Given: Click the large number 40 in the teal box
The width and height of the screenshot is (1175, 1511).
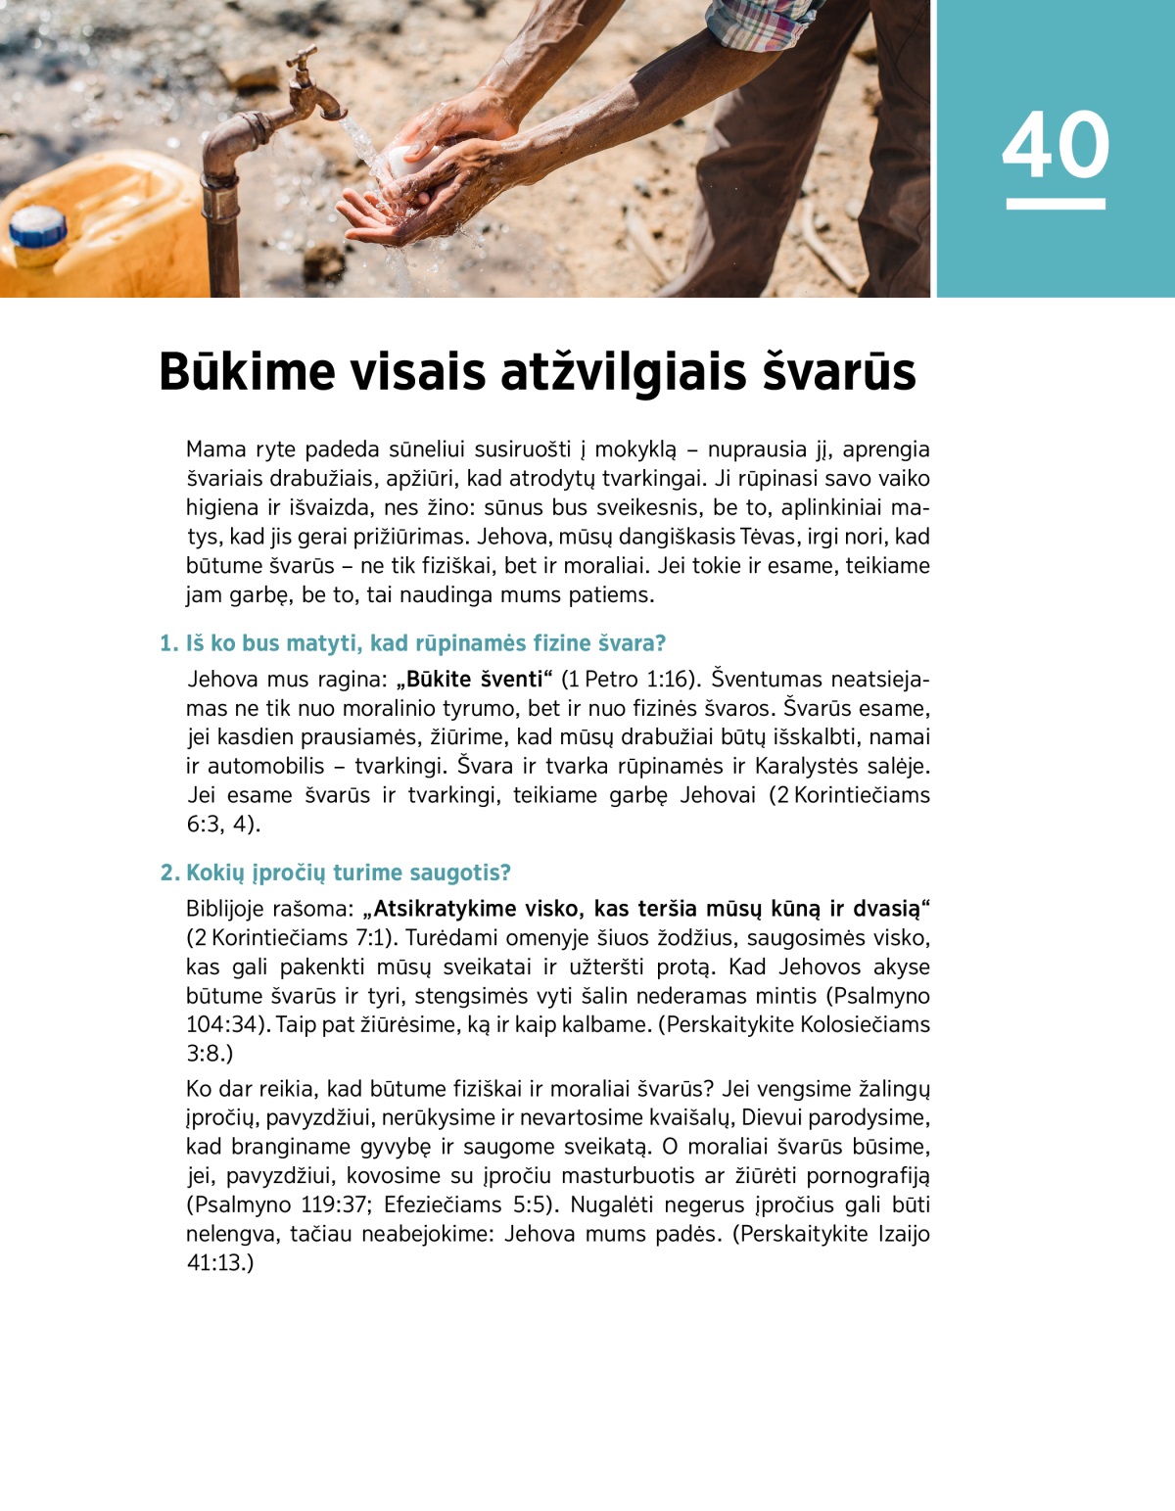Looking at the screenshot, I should (1056, 145).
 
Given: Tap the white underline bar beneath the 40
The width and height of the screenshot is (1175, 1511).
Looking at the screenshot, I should (1056, 204).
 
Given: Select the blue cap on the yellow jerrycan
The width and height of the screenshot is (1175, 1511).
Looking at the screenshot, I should (38, 227).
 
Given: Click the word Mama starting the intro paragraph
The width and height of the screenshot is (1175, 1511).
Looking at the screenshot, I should (215, 449).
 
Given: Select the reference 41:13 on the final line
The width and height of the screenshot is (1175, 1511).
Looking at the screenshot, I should (215, 1263).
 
